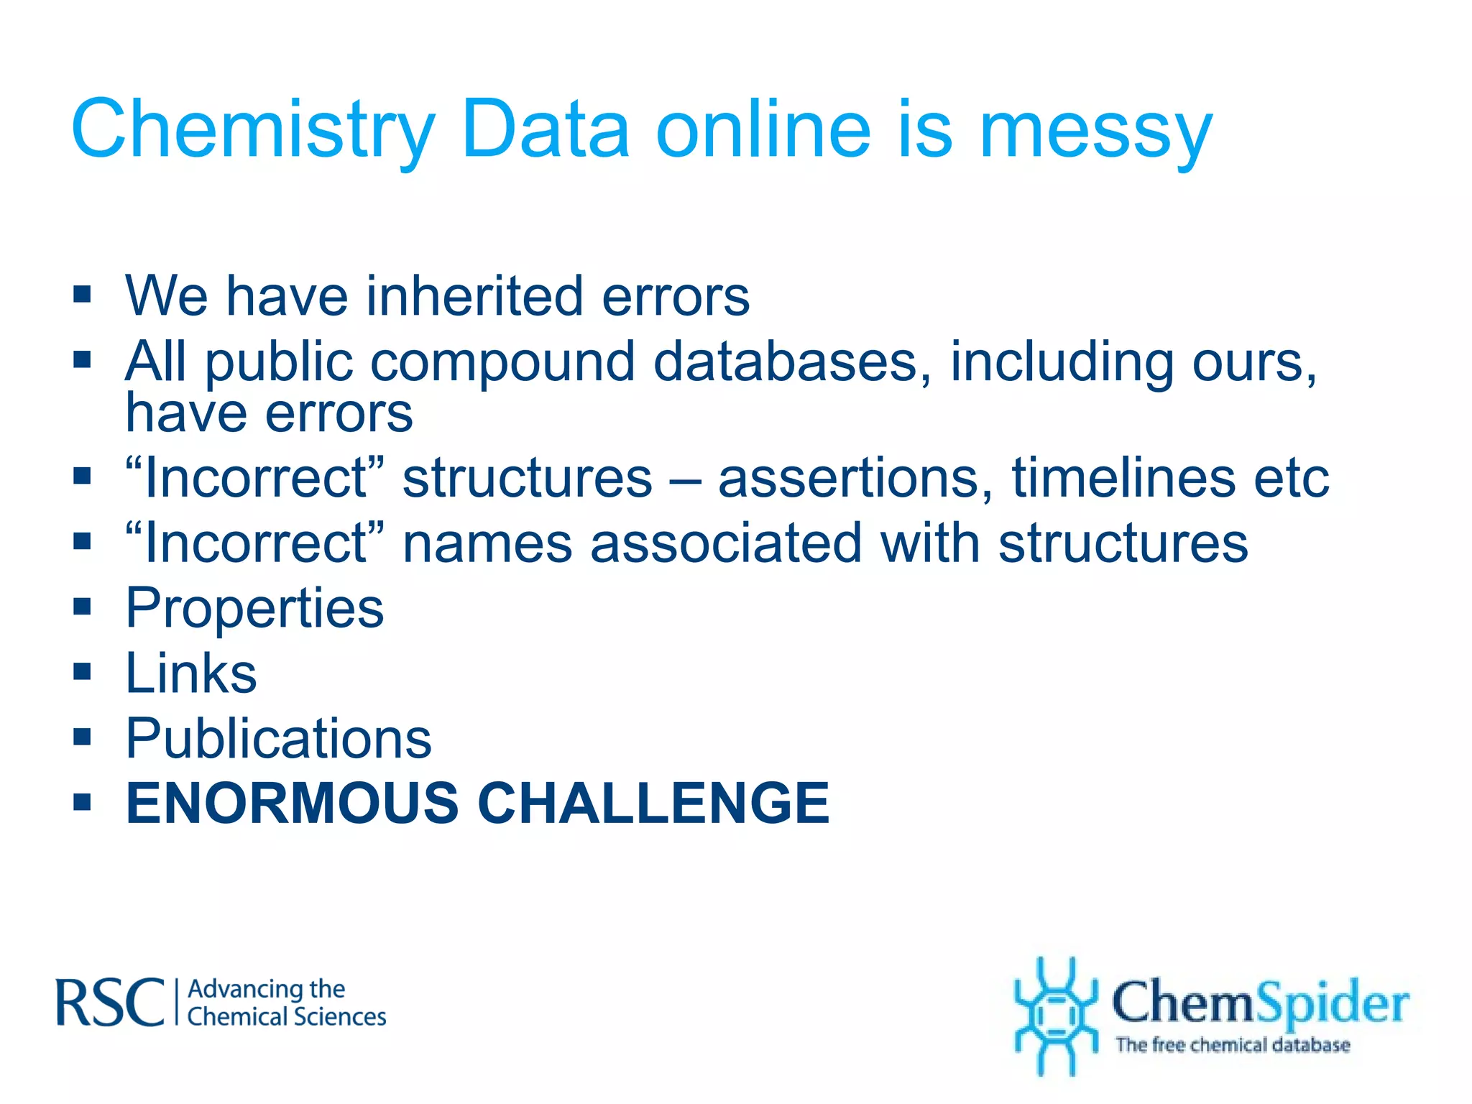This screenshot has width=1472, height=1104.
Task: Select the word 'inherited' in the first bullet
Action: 474,296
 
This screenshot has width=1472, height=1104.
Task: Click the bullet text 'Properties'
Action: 255,609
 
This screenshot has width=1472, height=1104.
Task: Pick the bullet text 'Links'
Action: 191,673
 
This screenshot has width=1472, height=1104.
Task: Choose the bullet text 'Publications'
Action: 279,739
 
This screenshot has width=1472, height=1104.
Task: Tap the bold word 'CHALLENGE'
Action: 654,803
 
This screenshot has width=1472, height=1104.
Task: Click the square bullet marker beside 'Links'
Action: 83,672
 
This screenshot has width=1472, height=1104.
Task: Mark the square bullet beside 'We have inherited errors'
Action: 83,294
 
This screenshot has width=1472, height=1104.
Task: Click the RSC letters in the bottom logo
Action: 110,1003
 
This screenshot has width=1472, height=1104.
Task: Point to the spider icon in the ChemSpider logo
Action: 1055,1015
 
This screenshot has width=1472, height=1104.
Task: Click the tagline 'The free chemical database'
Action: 1233,1045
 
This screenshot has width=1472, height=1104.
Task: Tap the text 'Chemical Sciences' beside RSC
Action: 287,1017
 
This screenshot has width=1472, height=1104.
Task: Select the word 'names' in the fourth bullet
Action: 487,544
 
